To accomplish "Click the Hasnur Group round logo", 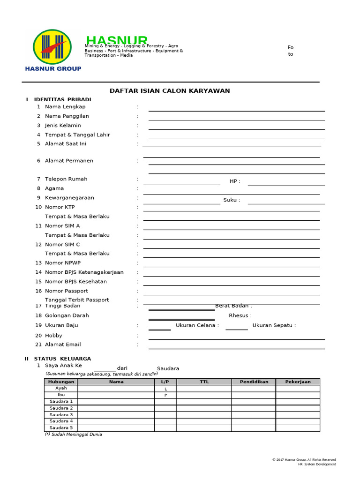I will click(x=52, y=46).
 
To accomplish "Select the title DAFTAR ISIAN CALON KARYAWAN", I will click(x=170, y=91).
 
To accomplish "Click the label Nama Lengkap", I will click(x=65, y=107).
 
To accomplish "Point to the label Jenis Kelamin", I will click(x=63, y=126).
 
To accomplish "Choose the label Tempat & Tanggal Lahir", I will click(x=77, y=135).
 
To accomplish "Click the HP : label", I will click(x=235, y=181).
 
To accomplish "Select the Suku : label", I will click(x=232, y=200).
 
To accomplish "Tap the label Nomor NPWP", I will click(x=63, y=263).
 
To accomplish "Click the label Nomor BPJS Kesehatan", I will click(x=75, y=282).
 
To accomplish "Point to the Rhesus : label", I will click(x=240, y=315).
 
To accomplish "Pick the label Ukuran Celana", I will click(x=197, y=325).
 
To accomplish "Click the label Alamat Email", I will click(x=63, y=345).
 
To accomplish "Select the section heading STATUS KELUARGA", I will click(x=62, y=359).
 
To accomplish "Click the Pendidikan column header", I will click(x=254, y=382).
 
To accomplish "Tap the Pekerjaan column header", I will click(x=298, y=382).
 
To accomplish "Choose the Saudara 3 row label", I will click(x=61, y=415).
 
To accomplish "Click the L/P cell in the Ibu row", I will click(x=165, y=395).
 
